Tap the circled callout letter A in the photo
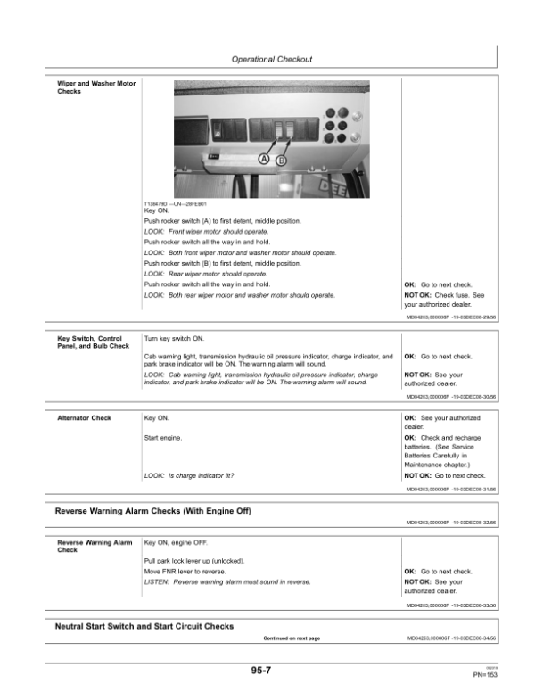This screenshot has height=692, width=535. pos(264,160)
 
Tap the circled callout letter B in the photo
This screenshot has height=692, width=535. pos(282,161)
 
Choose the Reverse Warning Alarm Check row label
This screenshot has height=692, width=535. pos(94,546)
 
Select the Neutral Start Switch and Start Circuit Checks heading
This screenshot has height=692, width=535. pos(144,626)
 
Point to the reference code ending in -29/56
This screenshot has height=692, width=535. pos(451,318)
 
